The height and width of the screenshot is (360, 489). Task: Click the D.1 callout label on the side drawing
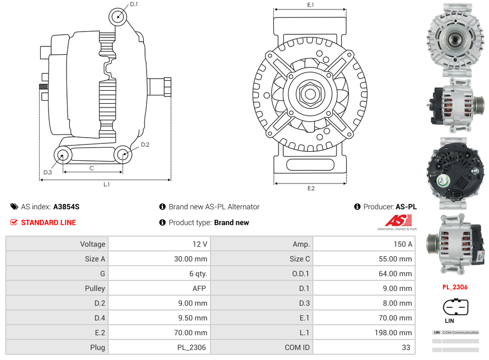click(x=134, y=5)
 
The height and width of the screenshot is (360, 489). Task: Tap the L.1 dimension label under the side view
click(x=107, y=184)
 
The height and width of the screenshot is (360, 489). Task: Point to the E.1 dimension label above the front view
click(x=311, y=5)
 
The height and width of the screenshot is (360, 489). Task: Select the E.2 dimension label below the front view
click(x=311, y=188)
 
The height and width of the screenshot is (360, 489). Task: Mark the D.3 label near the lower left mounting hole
click(x=47, y=172)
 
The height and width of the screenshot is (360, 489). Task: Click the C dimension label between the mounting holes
click(x=92, y=168)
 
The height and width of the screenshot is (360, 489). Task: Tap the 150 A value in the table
click(x=403, y=244)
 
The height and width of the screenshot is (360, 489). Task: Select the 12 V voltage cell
click(x=201, y=244)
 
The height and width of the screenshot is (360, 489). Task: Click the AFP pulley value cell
click(x=199, y=288)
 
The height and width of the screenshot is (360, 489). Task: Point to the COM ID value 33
click(x=407, y=347)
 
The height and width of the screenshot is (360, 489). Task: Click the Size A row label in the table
click(x=95, y=259)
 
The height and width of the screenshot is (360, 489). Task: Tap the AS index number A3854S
click(x=66, y=207)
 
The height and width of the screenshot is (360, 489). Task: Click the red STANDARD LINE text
click(x=49, y=222)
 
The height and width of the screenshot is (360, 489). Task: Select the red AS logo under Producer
click(x=394, y=221)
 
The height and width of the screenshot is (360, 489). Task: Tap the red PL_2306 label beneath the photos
click(x=455, y=287)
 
